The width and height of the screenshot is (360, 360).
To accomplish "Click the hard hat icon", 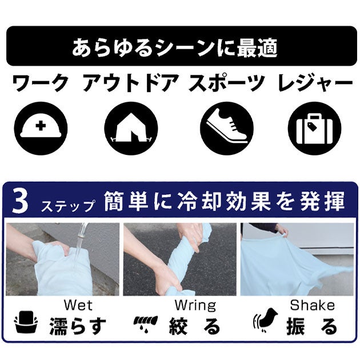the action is tap(41, 129).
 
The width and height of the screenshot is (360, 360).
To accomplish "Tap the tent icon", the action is tap(131, 129).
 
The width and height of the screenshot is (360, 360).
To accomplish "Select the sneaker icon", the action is tap(227, 129).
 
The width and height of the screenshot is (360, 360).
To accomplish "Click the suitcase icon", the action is tap(314, 129).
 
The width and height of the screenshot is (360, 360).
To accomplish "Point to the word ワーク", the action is tap(41, 83).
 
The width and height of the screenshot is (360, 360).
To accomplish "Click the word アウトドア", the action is tap(130, 83).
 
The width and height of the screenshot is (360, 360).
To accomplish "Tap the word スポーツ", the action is tap(227, 83).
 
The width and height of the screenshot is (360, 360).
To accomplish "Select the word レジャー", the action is tap(315, 83).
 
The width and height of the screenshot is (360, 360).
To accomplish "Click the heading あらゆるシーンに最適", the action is tap(175, 48).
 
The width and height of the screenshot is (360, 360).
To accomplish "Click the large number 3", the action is tap(21, 201).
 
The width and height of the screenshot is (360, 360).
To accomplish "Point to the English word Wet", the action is tap(78, 305).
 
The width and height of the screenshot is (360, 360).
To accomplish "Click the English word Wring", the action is tap(195, 306).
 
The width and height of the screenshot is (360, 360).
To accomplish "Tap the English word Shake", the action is tap(312, 305).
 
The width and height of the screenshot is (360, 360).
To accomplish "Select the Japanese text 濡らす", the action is tap(78, 326).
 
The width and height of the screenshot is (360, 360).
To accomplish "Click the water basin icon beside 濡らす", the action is tap(26, 322).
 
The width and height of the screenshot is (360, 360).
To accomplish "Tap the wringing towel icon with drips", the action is tap(146, 323).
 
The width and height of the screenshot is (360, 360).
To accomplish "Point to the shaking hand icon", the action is tap(265, 321).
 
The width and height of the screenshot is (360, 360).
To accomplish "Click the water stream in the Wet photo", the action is tap(79, 243).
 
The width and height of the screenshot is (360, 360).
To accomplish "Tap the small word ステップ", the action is tap(69, 206).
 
